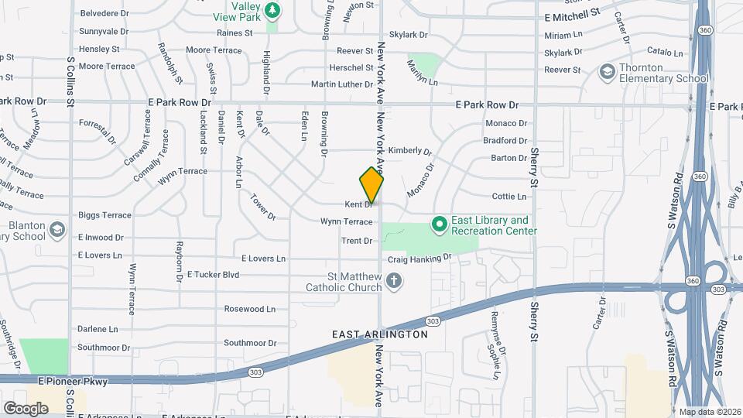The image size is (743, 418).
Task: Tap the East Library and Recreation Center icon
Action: [440, 225]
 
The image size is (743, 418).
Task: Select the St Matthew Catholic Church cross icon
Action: [394, 280]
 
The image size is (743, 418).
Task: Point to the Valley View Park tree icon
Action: [272, 10]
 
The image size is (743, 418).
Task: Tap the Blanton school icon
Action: [56, 229]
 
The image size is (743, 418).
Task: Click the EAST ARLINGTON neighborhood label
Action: [379, 334]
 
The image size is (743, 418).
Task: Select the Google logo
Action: [26, 408]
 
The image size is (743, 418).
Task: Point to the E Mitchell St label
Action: [572, 15]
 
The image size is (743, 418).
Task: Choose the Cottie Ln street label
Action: [509, 197]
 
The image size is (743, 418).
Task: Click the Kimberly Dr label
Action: [409, 150]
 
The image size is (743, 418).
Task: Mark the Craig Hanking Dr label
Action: [419, 258]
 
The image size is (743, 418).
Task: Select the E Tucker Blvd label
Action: [213, 275]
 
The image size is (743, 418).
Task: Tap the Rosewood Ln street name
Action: [249, 309]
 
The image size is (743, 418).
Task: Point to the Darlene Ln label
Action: [98, 329]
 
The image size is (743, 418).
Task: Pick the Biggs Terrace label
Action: [104, 215]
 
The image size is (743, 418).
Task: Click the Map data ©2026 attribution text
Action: [709, 412]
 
